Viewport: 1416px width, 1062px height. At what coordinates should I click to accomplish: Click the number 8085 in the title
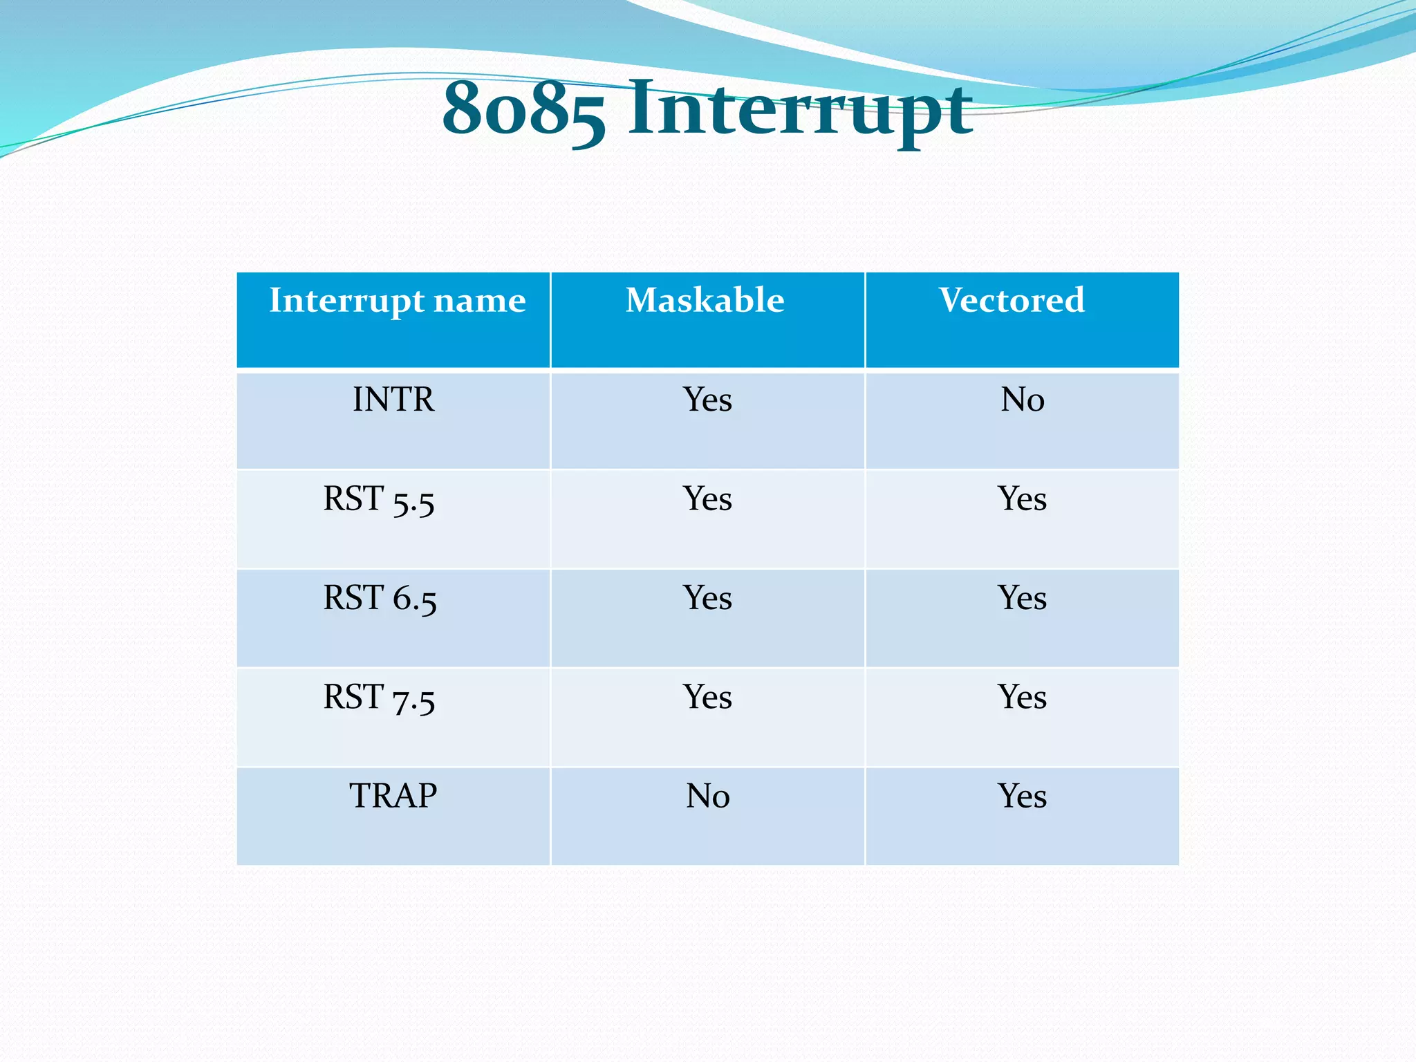[x=523, y=109]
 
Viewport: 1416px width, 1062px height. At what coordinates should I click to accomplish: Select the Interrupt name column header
[x=397, y=301]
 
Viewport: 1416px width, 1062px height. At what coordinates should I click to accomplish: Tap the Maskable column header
[x=705, y=301]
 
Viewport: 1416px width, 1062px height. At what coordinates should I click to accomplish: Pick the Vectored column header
[x=1012, y=301]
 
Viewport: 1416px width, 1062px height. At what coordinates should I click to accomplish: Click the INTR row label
[x=393, y=400]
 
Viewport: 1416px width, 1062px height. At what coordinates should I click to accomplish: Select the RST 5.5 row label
[x=379, y=499]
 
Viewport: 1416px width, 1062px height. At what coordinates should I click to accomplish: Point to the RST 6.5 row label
[x=380, y=598]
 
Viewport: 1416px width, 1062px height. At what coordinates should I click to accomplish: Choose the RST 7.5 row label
[x=379, y=698]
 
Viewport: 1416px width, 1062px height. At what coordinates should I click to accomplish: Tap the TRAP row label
[x=393, y=796]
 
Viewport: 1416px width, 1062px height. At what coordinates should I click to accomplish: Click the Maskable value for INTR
[x=707, y=400]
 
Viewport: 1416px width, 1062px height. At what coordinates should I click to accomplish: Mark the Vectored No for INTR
[x=1022, y=400]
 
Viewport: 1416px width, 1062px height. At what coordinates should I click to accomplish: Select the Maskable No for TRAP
[x=707, y=796]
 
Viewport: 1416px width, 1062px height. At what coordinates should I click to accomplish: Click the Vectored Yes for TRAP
[x=1022, y=796]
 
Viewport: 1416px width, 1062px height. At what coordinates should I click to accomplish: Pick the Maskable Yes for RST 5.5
[x=707, y=499]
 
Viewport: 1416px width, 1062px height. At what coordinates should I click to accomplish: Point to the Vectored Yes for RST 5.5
[x=1022, y=499]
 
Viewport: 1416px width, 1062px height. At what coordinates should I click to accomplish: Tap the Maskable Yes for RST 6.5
[x=707, y=598]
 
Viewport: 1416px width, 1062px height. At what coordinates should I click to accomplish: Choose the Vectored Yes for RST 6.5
[x=1022, y=598]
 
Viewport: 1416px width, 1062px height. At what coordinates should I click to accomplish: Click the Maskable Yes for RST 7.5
[x=707, y=697]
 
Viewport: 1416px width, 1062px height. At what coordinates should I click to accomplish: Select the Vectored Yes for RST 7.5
[x=1022, y=697]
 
